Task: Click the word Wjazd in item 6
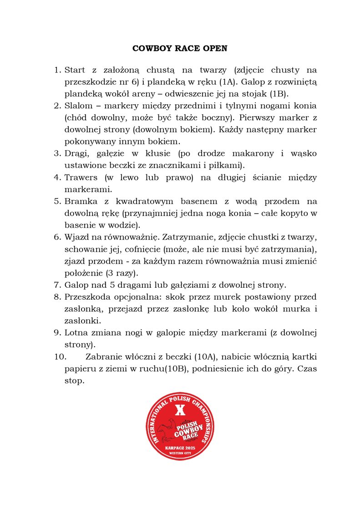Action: [x=77, y=237]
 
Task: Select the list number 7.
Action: [x=57, y=285]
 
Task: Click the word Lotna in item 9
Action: [x=76, y=333]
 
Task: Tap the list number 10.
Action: [x=59, y=357]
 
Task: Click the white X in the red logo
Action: [x=180, y=410]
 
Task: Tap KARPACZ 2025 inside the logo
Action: [x=180, y=448]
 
